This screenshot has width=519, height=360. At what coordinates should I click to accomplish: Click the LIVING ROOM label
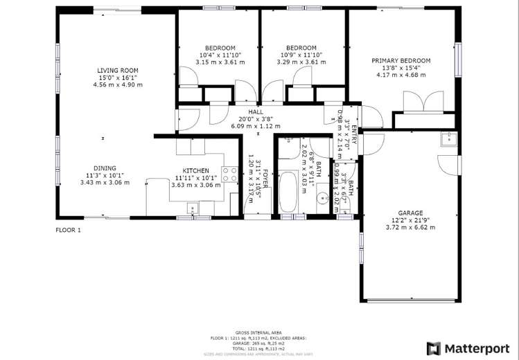[x=117, y=70]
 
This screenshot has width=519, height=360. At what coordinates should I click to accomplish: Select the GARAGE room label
[x=410, y=213]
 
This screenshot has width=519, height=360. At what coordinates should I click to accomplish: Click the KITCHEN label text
[x=195, y=170]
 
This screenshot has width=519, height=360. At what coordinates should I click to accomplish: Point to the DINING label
[x=105, y=168]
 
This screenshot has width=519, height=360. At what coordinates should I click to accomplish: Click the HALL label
[x=255, y=111]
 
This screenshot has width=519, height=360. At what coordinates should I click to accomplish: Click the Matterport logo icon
[x=433, y=348]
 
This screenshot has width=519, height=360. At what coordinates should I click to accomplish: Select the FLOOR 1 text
[x=69, y=229]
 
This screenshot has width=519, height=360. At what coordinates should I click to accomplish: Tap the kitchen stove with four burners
[x=229, y=174]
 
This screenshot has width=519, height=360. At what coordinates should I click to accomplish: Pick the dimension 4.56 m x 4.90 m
[x=120, y=85]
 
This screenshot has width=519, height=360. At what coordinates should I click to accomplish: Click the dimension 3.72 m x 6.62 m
[x=410, y=228]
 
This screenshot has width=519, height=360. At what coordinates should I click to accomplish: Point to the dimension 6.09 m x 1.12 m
[x=255, y=127]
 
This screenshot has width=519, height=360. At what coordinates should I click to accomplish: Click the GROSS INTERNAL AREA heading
[x=259, y=332]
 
